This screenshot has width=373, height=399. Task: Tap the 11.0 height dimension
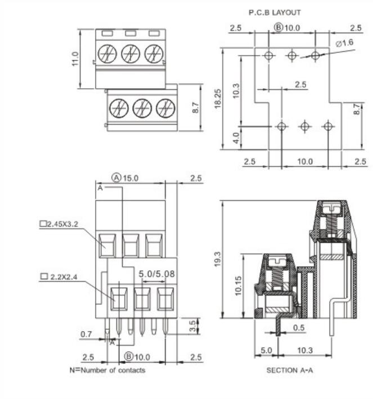pos(75,58)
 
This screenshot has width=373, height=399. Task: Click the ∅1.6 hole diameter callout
pos(344,43)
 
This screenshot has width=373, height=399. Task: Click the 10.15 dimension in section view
pos(239,285)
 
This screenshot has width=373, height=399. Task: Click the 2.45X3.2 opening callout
pos(59,223)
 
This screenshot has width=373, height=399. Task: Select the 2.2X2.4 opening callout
pos(62,276)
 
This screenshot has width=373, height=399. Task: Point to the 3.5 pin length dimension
pos(194,325)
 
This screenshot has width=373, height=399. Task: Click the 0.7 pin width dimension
pos(86,334)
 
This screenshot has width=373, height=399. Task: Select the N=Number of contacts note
pos(107,370)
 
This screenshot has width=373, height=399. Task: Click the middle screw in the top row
pos(131,54)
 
